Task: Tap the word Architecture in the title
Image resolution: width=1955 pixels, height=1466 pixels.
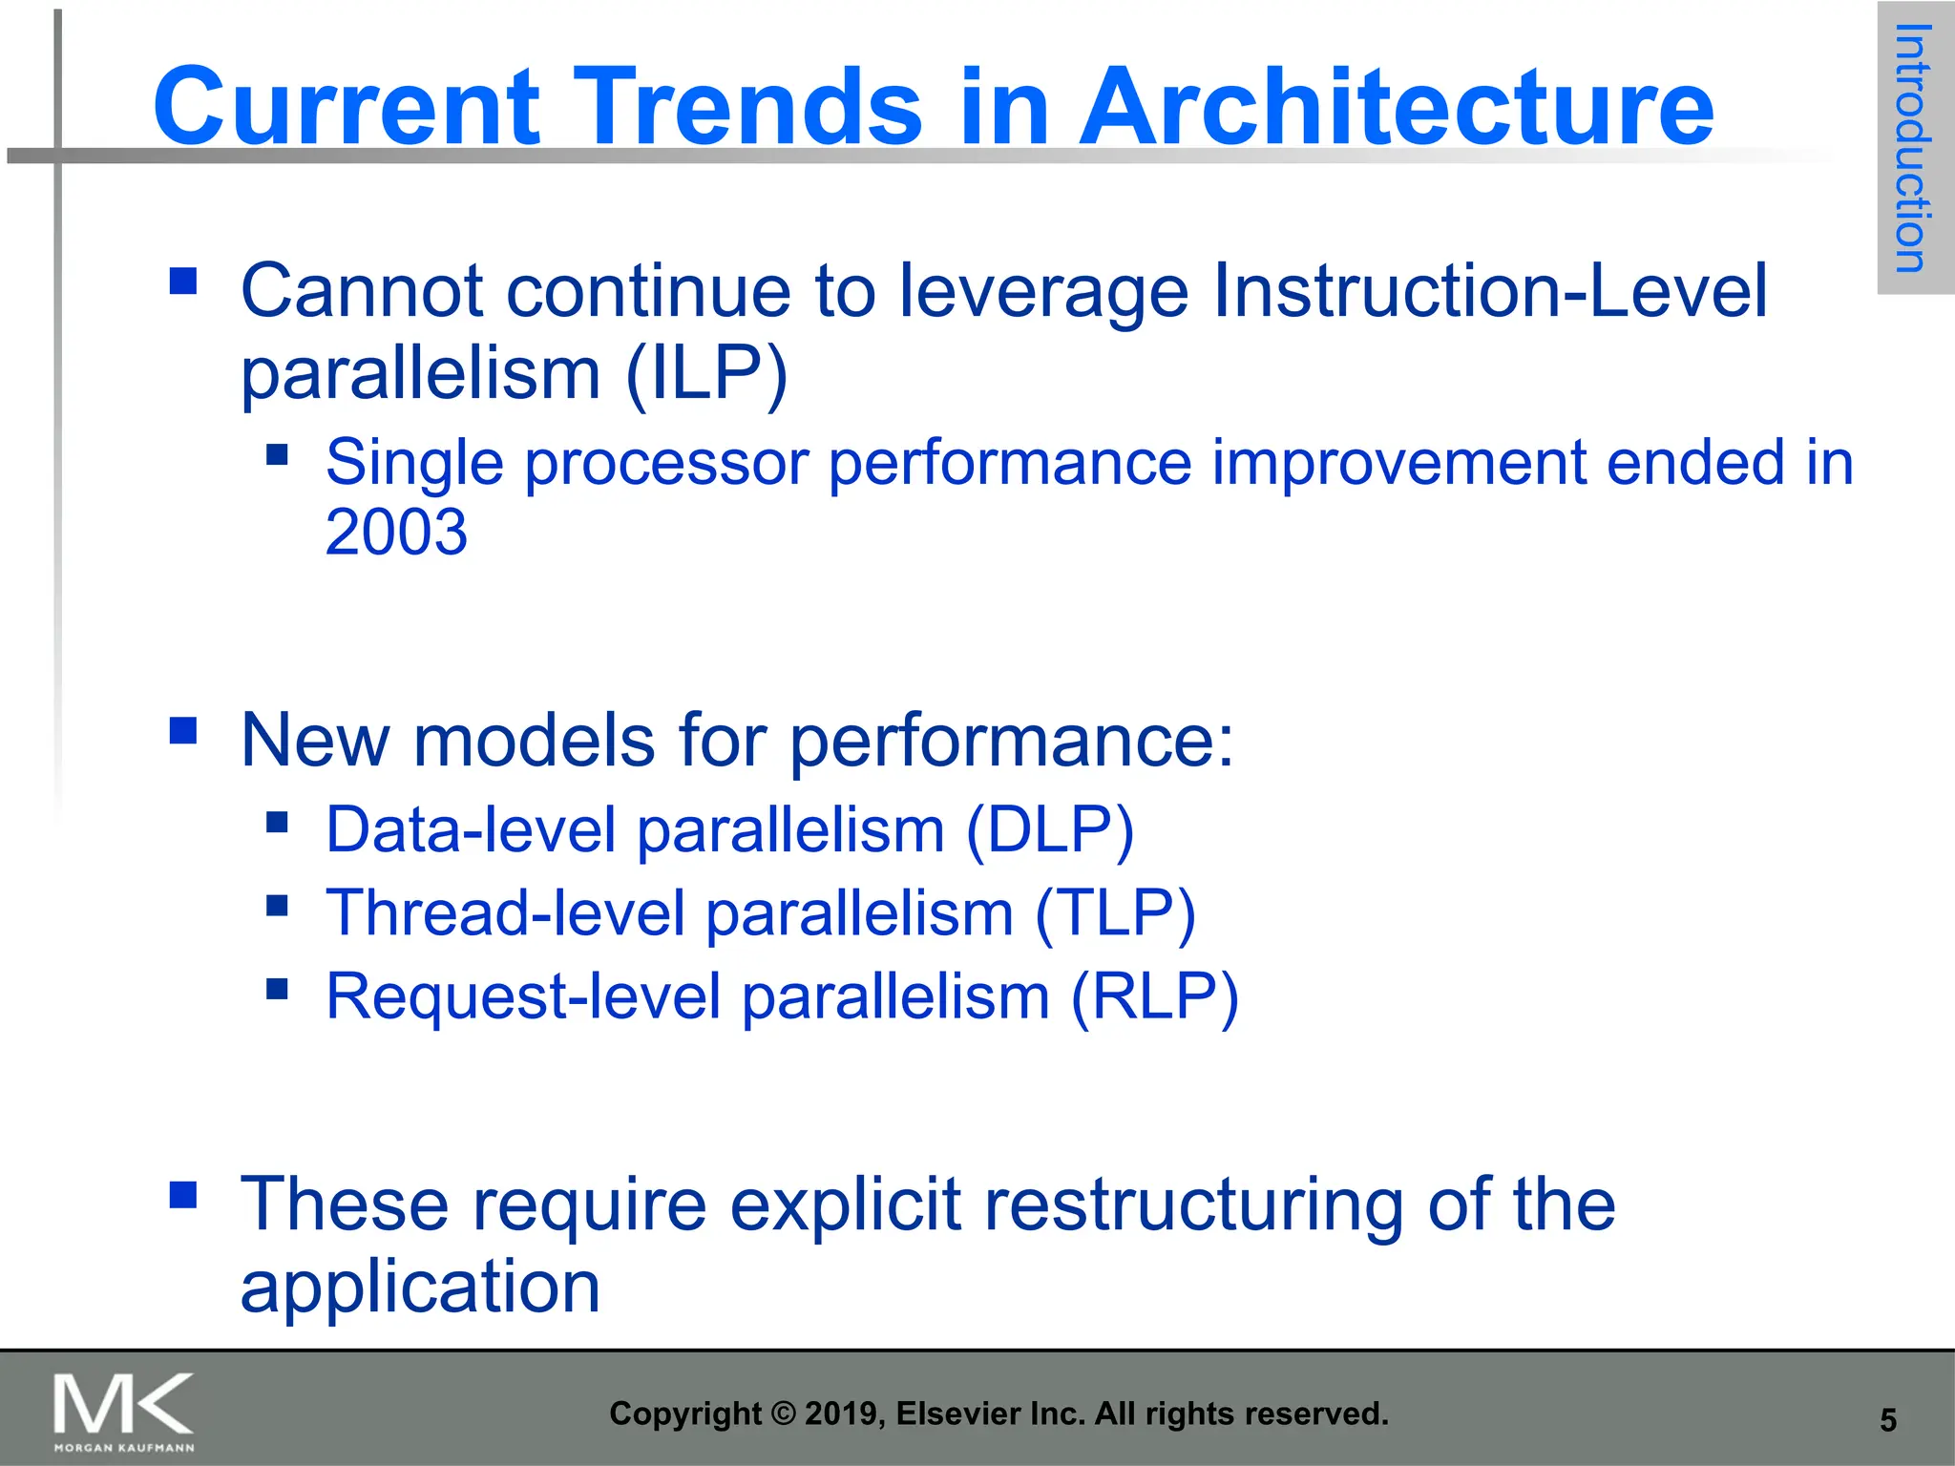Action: (x=1396, y=106)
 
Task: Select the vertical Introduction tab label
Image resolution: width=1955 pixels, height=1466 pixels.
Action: (x=1913, y=149)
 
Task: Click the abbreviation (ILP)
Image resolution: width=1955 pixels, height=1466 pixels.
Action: (x=706, y=373)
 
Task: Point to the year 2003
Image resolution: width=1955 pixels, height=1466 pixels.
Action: (x=396, y=532)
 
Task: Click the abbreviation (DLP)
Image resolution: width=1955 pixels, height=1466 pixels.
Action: (x=1049, y=829)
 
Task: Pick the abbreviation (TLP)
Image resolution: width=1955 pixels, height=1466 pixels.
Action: (x=1115, y=913)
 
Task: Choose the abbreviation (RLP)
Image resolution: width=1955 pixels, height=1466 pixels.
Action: (x=1154, y=996)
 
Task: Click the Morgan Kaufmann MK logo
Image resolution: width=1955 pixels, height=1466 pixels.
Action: (x=124, y=1411)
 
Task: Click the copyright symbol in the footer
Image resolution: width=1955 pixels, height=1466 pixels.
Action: (x=783, y=1414)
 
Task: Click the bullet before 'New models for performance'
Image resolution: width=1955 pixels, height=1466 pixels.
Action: (x=183, y=730)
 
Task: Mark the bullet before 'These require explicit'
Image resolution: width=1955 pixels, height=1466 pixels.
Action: (x=183, y=1195)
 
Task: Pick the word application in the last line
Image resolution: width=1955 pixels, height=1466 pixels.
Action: (x=420, y=1288)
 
